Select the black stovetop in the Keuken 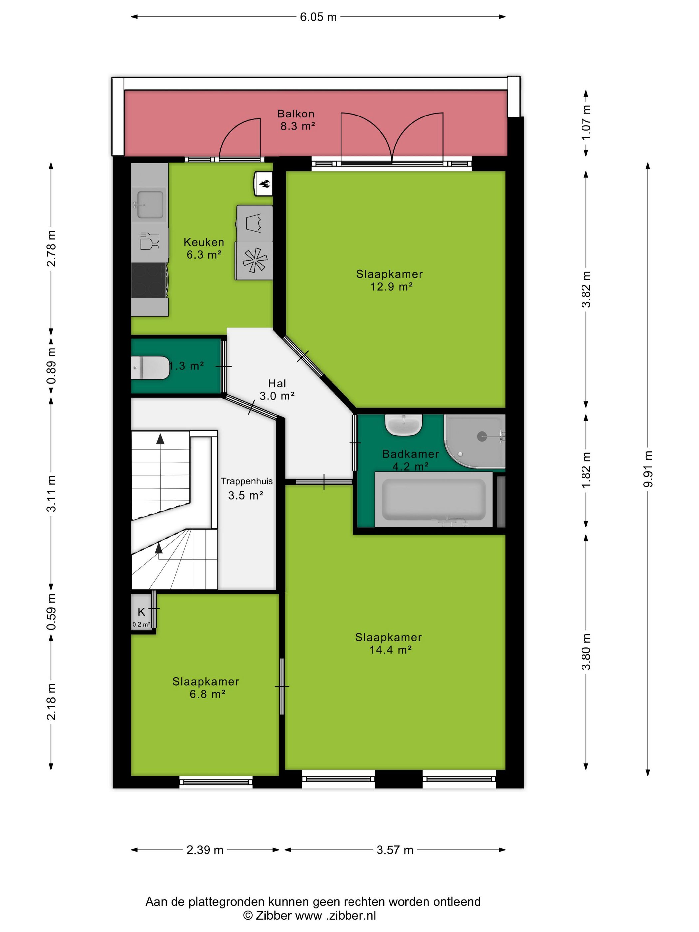(x=149, y=280)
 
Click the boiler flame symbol (x=265, y=184)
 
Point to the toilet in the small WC (x=150, y=367)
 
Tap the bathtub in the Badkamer (x=433, y=499)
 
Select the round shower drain (x=482, y=436)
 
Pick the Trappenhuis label (x=247, y=481)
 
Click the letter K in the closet (x=141, y=612)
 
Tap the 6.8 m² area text (x=207, y=694)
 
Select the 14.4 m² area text (x=390, y=650)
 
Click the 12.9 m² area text (x=391, y=287)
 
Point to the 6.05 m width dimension (x=318, y=17)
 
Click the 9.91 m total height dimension (x=648, y=469)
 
